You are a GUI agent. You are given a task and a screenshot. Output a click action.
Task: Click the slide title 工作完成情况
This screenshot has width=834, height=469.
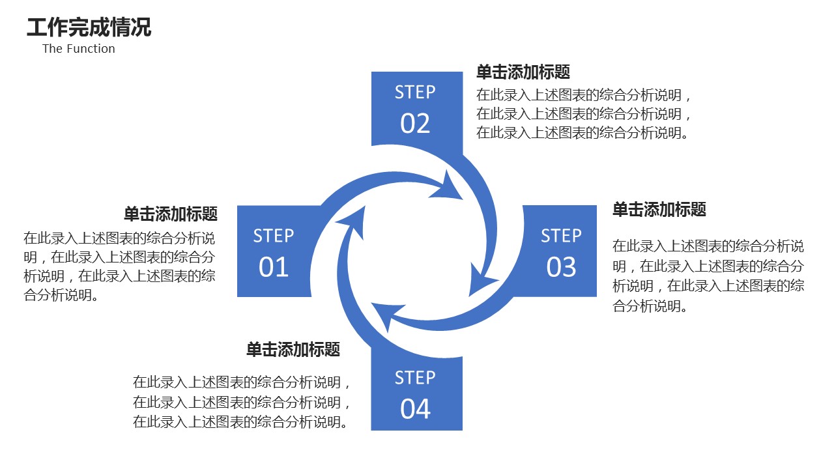click(x=89, y=28)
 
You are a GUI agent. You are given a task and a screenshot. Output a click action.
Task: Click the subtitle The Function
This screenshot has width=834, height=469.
click(x=79, y=49)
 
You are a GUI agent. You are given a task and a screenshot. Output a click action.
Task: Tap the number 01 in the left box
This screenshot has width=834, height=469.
click(x=274, y=267)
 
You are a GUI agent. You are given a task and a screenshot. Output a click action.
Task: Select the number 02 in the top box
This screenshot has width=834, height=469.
click(x=416, y=123)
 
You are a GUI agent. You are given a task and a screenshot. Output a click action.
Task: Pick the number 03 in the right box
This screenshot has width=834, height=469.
click(x=562, y=267)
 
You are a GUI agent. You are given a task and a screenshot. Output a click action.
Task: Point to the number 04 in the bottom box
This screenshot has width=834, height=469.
click(x=416, y=409)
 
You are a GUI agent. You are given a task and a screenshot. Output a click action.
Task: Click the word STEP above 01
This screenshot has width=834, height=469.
click(x=274, y=236)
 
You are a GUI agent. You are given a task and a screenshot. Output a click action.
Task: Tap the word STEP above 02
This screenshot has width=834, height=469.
click(x=415, y=92)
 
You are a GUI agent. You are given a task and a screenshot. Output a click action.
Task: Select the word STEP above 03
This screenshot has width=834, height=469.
click(x=562, y=236)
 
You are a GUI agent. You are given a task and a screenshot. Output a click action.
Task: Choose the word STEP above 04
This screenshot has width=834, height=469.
click(x=415, y=378)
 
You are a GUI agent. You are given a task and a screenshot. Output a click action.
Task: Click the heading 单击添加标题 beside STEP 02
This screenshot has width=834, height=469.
click(x=523, y=72)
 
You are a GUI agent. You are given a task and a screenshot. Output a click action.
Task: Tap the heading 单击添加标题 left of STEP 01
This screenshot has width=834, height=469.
click(x=171, y=214)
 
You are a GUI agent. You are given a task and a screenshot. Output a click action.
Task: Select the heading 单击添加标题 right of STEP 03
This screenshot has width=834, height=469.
click(x=659, y=210)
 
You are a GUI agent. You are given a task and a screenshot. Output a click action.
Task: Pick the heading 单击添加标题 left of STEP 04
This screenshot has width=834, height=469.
click(x=293, y=350)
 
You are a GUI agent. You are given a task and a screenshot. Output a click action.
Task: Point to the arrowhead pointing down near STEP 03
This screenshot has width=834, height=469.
click(x=482, y=280)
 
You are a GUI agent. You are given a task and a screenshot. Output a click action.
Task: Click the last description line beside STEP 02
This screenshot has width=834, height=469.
click(x=583, y=133)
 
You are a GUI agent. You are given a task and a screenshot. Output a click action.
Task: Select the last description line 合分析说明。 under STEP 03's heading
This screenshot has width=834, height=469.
click(x=650, y=306)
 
